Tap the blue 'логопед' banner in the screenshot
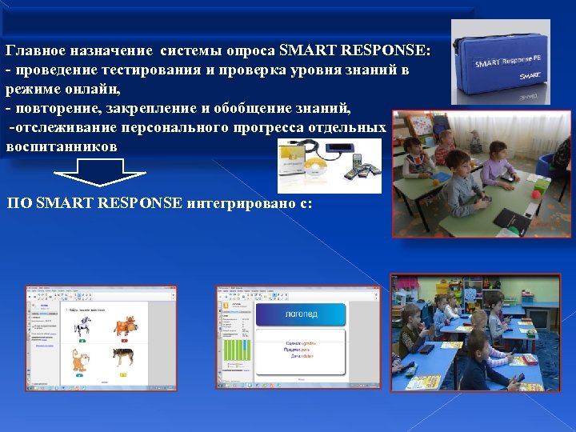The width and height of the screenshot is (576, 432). (x=302, y=314)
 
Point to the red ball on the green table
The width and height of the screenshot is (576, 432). (x=536, y=194)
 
